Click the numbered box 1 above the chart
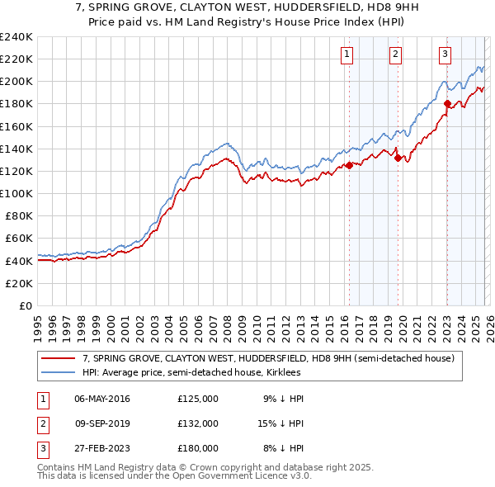click(x=346, y=54)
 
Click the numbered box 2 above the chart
click(x=395, y=54)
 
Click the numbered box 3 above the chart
click(x=445, y=54)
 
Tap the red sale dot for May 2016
click(x=349, y=165)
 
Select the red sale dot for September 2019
click(x=398, y=158)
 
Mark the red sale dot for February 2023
click(x=447, y=103)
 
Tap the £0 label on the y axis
click(x=26, y=305)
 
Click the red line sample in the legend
click(x=59, y=358)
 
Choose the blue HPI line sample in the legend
click(x=59, y=373)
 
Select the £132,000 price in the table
click(x=197, y=423)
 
